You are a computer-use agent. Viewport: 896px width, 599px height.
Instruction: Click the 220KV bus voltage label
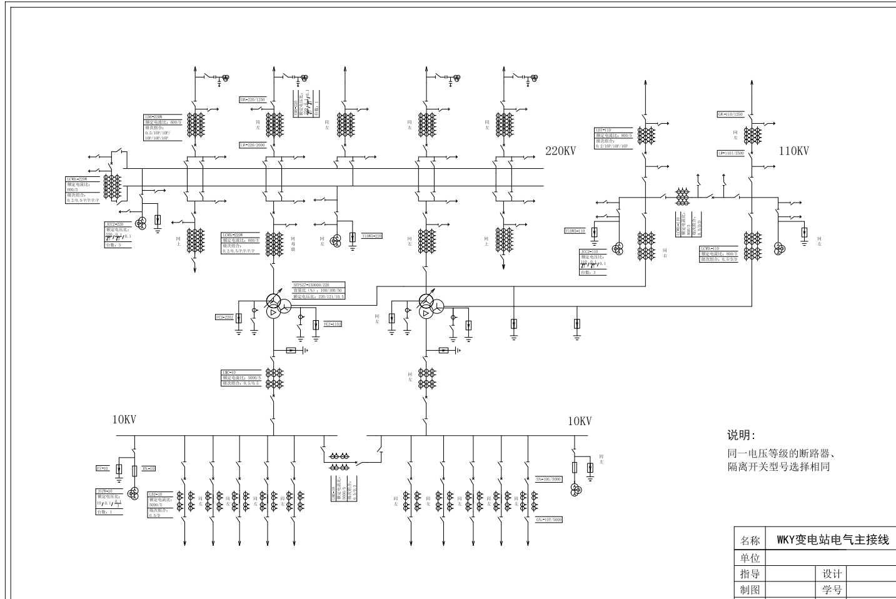tap(561, 151)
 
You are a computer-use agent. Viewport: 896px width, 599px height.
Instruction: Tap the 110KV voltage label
tap(793, 151)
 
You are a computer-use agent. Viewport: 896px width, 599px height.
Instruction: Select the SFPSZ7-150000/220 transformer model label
tap(311, 284)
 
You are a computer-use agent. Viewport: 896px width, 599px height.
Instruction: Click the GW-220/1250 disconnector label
tap(253, 100)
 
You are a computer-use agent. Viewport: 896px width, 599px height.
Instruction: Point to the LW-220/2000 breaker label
tap(253, 145)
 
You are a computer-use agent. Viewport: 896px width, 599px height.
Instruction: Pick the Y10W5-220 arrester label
tap(371, 236)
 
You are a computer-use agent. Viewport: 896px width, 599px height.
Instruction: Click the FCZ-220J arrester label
tap(224, 318)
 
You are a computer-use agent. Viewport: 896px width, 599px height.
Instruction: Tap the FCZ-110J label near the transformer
tap(333, 324)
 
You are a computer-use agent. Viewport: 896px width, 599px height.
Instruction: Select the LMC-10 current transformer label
tap(229, 373)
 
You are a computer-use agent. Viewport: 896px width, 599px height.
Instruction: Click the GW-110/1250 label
tap(730, 114)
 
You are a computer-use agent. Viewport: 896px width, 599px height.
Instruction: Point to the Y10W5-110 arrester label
tap(575, 231)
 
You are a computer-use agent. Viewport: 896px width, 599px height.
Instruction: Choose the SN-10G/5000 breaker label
tap(549, 479)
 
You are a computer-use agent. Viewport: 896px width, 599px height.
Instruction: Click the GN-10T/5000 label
tap(549, 520)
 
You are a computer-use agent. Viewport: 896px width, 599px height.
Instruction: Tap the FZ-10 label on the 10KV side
tap(102, 468)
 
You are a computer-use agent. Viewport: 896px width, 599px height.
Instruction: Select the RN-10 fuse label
tap(149, 468)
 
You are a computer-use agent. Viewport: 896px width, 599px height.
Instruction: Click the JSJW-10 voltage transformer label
tap(104, 491)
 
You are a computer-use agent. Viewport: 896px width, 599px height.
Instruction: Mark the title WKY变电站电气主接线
tap(832, 540)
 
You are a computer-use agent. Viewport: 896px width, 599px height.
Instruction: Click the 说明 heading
tap(741, 435)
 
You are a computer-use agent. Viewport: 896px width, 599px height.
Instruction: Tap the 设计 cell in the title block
tap(832, 574)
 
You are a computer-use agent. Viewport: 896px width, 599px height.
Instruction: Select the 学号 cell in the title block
tap(832, 590)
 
